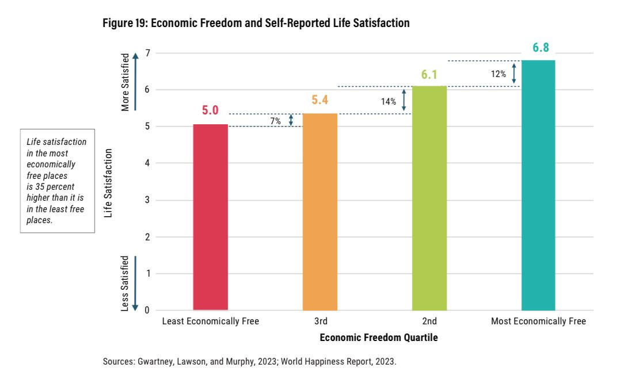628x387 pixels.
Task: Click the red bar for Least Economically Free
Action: [210, 217]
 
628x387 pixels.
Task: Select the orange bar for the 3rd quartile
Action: [319, 212]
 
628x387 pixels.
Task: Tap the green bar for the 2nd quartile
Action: [429, 198]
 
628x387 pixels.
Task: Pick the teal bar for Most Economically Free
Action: [538, 185]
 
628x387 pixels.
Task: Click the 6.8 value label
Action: [541, 48]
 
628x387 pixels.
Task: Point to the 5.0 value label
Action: [210, 110]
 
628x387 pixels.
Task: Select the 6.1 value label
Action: [429, 74]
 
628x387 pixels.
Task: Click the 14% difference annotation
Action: [389, 102]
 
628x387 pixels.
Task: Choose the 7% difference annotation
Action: [275, 121]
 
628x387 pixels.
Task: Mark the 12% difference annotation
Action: [498, 74]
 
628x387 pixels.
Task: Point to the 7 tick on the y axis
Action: [147, 53]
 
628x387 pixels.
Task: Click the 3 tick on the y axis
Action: [147, 200]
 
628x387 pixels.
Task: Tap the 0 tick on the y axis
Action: [147, 311]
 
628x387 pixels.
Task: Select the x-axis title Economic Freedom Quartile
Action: [379, 338]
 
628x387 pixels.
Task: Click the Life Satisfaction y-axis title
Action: [108, 183]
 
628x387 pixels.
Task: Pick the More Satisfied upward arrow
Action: [135, 81]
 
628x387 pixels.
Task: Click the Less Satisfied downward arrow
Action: [135, 283]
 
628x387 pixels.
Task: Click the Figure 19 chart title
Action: [256, 24]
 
